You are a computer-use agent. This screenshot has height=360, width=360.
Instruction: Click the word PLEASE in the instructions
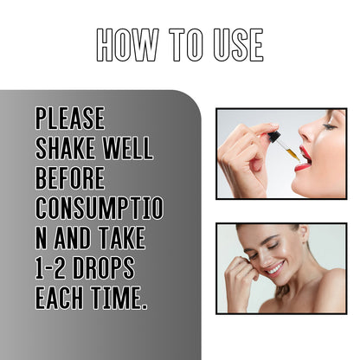[69, 119]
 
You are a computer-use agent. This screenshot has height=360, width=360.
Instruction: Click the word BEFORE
[69, 178]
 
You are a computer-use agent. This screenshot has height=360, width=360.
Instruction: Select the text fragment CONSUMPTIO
[99, 208]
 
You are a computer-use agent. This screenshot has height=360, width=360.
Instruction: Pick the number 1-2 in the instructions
[54, 267]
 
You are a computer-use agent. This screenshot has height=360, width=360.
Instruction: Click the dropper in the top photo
[280, 145]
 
